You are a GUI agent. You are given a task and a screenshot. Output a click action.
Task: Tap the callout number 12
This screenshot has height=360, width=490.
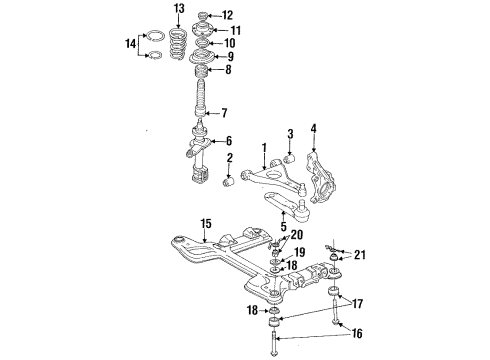(227, 15)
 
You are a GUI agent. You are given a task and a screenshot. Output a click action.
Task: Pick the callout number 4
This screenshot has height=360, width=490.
(313, 128)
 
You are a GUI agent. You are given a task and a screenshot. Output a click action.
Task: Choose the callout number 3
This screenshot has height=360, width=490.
(290, 135)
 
